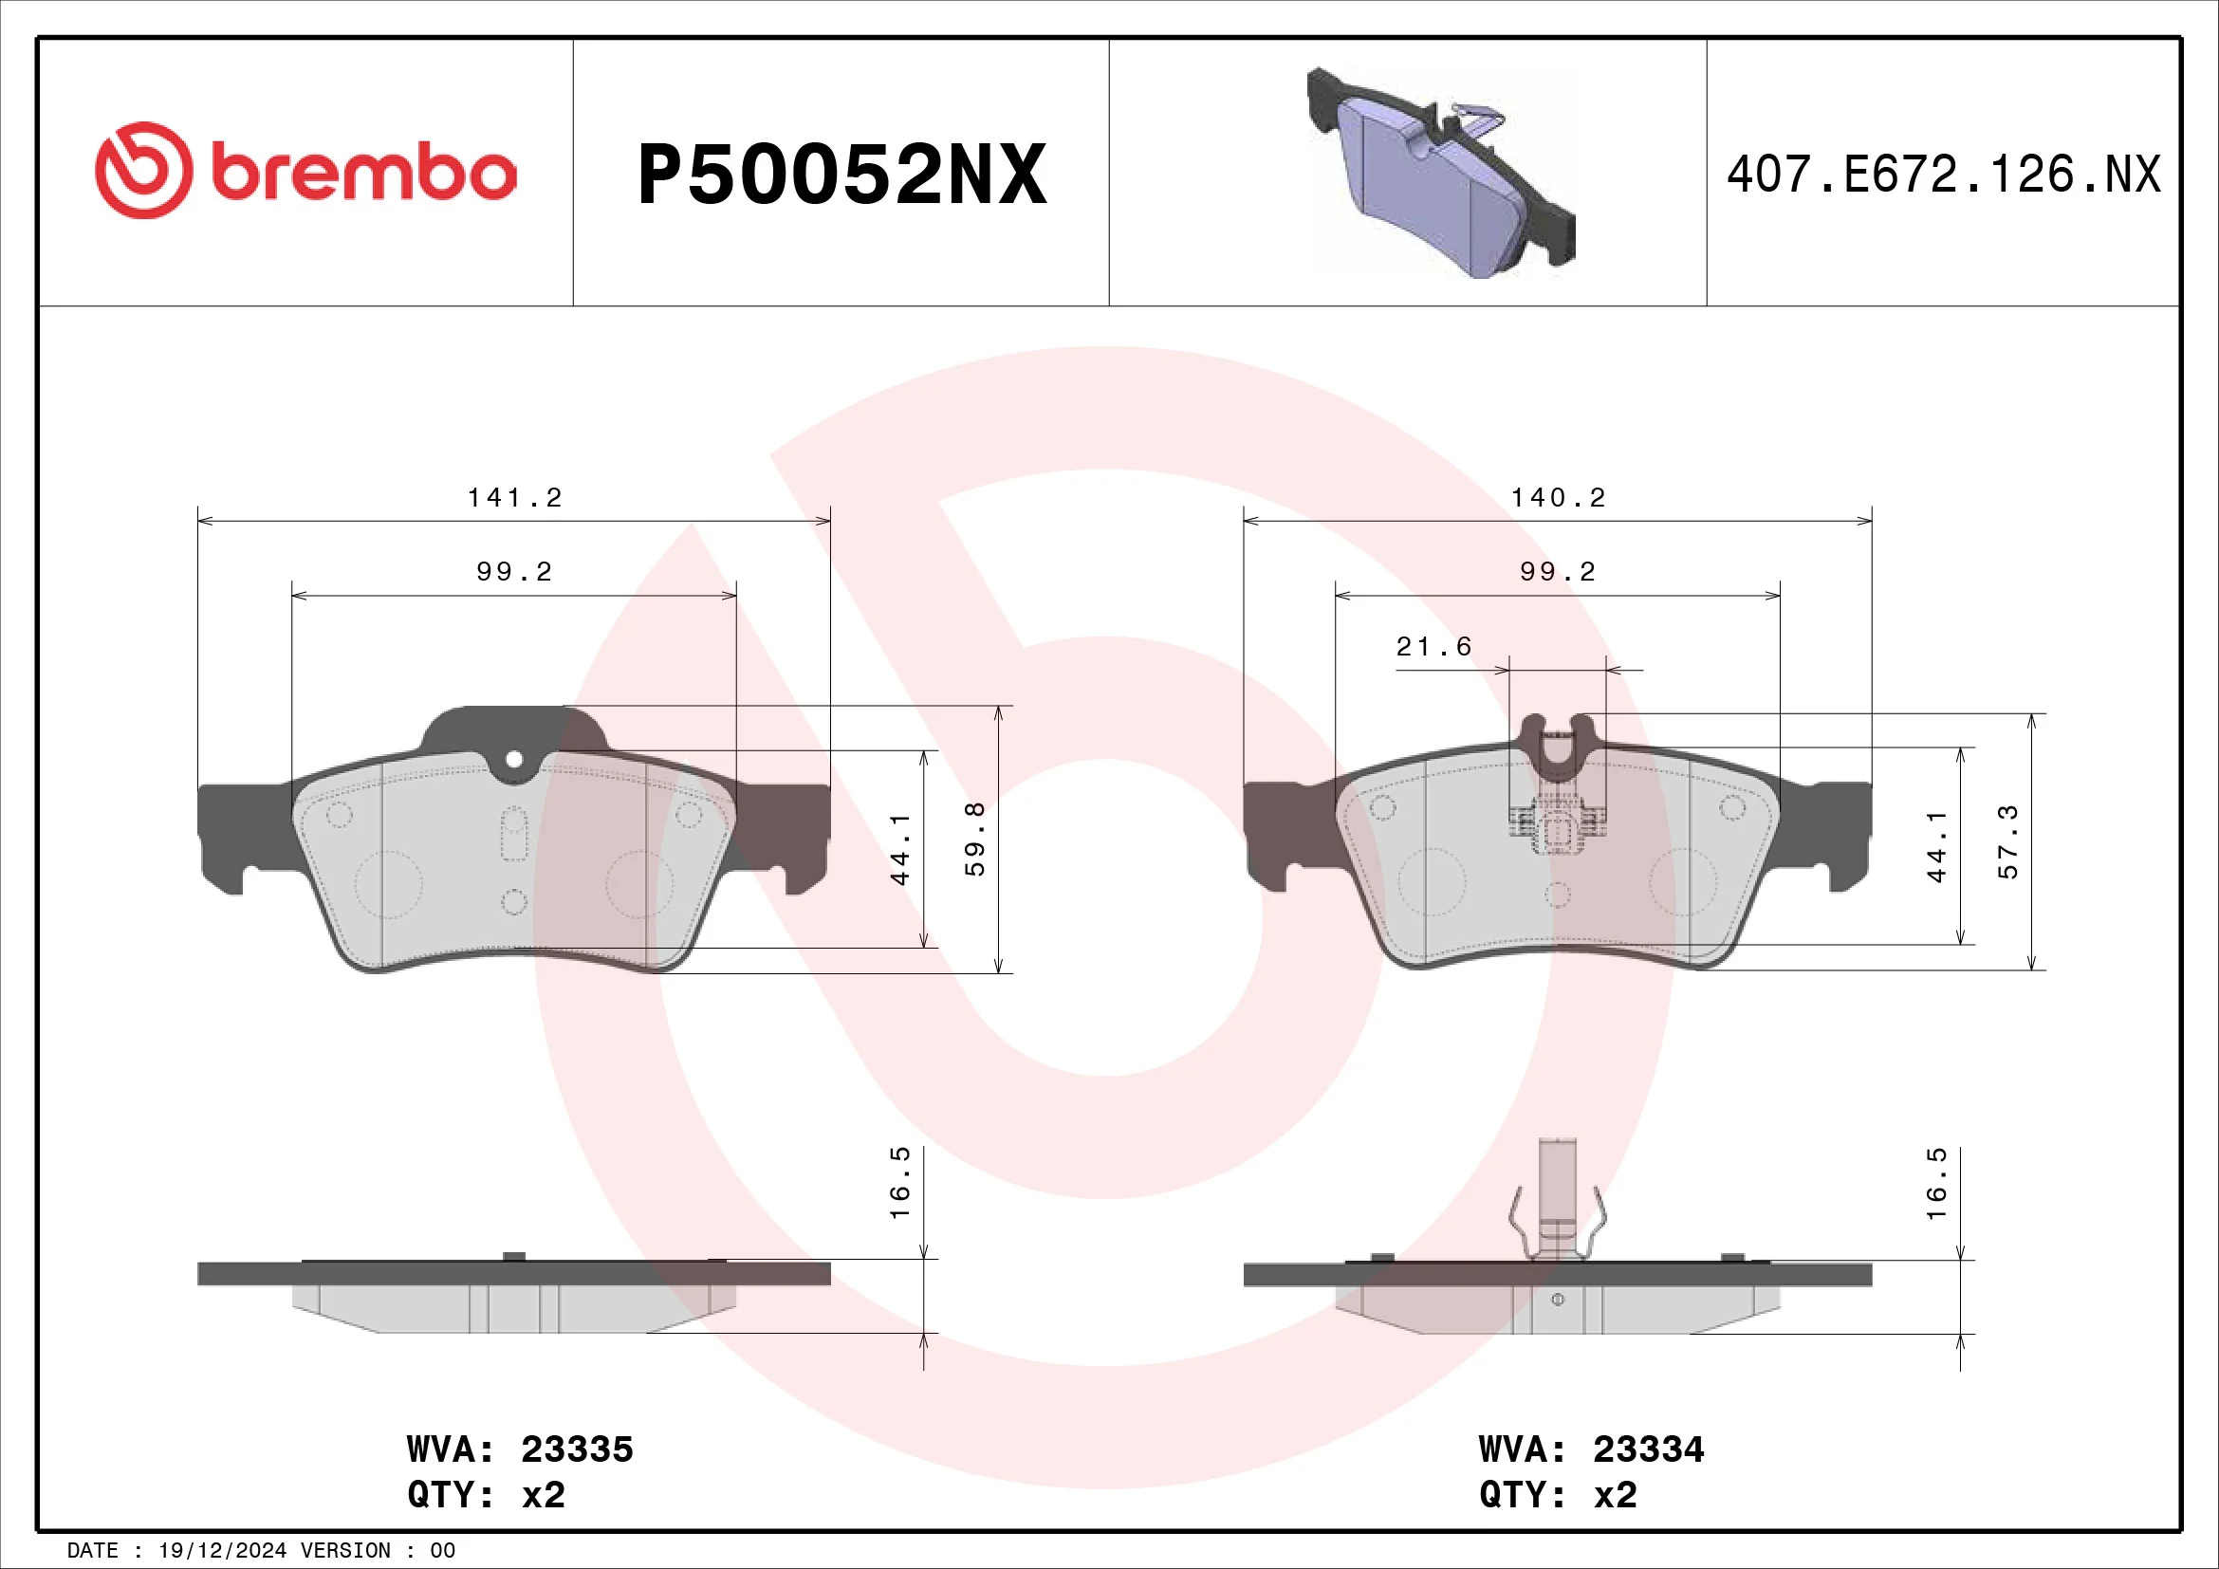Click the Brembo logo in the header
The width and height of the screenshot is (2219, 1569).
coord(305,171)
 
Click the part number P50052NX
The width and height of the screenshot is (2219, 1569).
coord(841,175)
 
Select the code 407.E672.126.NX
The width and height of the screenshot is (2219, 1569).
coord(1943,175)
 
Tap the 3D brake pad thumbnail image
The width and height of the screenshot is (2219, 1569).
coord(1440,174)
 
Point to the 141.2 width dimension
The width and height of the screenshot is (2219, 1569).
coord(514,498)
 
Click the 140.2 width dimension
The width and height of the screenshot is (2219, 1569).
coord(1558,498)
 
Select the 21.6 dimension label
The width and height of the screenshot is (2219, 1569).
coord(1433,646)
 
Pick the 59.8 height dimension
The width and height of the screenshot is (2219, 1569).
coord(976,839)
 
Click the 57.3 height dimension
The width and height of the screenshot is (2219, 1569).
coord(2008,841)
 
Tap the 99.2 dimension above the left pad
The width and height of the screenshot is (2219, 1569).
coord(514,572)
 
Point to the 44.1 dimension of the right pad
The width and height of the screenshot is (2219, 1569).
coord(1937,846)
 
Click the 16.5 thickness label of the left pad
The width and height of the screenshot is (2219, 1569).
coord(899,1182)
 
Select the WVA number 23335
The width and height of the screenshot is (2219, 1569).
coord(577,1449)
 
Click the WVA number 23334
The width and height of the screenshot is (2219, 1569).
coord(1649,1449)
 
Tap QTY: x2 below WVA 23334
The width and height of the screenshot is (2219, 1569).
coord(1558,1495)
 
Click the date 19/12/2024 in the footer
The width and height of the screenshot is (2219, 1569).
coord(222,1551)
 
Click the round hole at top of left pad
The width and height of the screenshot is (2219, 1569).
coord(514,760)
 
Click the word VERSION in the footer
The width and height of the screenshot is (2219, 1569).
coord(346,1551)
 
